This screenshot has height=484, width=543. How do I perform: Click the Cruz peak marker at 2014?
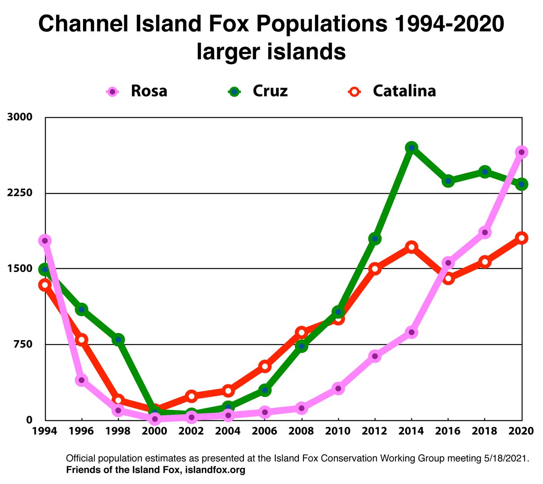(x=411, y=148)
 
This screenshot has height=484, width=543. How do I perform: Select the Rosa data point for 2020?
(x=521, y=152)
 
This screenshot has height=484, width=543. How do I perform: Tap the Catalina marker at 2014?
(x=411, y=247)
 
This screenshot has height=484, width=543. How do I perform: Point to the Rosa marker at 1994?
(x=45, y=241)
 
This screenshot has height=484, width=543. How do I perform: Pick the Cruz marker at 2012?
(x=375, y=239)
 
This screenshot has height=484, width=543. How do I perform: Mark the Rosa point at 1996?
(x=82, y=380)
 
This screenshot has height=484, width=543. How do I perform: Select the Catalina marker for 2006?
(x=265, y=366)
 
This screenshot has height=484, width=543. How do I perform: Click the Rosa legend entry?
(x=148, y=91)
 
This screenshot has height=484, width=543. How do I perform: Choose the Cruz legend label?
(x=270, y=91)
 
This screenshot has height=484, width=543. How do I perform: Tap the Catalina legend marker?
(x=355, y=92)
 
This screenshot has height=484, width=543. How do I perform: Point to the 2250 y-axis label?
(x=20, y=193)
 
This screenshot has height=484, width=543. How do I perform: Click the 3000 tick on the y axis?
(x=20, y=117)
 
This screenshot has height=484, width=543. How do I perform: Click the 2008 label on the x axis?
(x=301, y=431)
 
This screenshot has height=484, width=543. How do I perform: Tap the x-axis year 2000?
(x=155, y=431)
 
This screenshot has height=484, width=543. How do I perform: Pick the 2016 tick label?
(x=448, y=431)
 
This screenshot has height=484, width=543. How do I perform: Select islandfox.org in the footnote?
(x=215, y=470)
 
